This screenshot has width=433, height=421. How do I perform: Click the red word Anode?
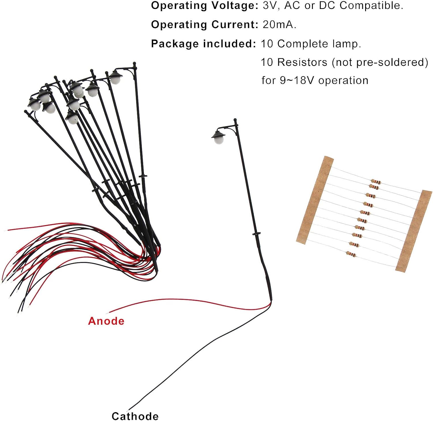pos(106,321)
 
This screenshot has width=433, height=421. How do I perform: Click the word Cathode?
pos(135,416)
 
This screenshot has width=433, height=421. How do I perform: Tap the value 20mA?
pos(279,25)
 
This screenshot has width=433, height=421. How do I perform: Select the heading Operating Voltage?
pos(204,6)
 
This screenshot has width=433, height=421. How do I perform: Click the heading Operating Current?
pos(204,25)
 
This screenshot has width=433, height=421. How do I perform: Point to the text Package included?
pos(203,44)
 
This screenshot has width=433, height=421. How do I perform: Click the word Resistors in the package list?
pos(302,62)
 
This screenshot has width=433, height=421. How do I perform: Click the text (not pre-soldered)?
pos(380,62)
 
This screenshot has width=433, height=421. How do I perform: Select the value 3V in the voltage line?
pos(270,6)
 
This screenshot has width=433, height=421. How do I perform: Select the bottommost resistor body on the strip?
pos(351,254)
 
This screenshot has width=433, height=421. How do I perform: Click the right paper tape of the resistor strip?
pos(413,231)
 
